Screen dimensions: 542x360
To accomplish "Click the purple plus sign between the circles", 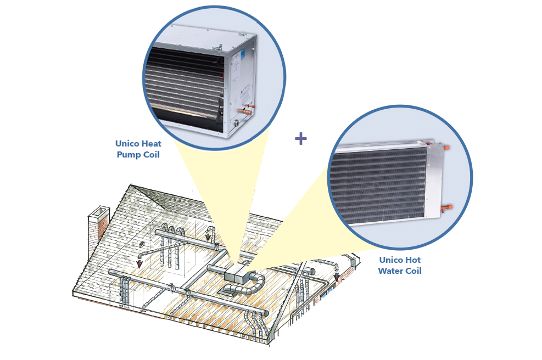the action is (301, 139).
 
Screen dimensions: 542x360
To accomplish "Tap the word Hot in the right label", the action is (413, 260).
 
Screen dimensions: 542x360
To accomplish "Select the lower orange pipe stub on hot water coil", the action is (447, 208).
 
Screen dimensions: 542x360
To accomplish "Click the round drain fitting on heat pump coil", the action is (236, 122).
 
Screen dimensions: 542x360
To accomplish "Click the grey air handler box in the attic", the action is (236, 273).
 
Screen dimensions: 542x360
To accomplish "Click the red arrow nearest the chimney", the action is (139, 265).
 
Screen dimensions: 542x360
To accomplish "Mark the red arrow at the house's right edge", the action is (336, 277).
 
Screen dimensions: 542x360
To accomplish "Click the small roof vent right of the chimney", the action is (142, 245).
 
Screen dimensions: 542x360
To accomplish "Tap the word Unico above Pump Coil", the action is (127, 143).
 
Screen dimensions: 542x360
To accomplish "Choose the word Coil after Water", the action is (413, 271).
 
